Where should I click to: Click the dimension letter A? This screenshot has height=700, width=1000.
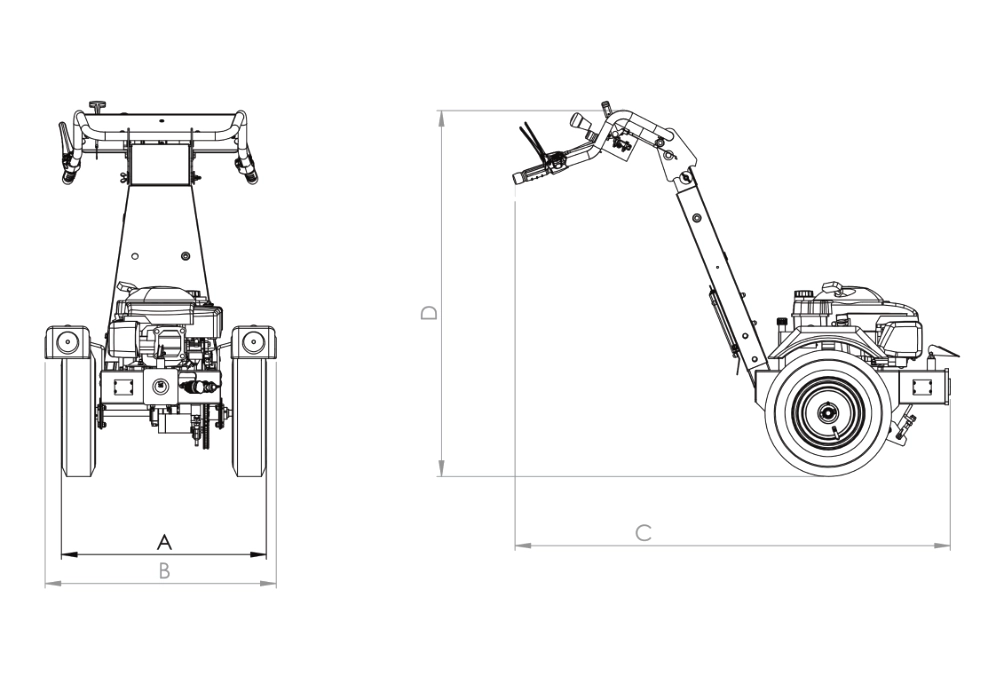tap(165, 542)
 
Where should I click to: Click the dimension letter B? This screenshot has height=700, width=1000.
tap(165, 571)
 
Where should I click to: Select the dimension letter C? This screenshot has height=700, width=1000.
tap(644, 533)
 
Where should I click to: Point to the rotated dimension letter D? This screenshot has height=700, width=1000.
tap(429, 313)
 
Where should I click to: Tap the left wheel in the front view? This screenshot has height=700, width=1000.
tap(78, 415)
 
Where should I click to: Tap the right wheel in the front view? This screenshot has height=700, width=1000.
tap(248, 415)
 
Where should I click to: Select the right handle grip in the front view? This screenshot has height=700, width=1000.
tap(250, 172)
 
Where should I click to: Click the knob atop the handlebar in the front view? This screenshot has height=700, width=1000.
tap(97, 105)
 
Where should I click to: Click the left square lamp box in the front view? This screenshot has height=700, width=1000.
tap(67, 342)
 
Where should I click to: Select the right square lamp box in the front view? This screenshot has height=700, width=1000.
tap(254, 342)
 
